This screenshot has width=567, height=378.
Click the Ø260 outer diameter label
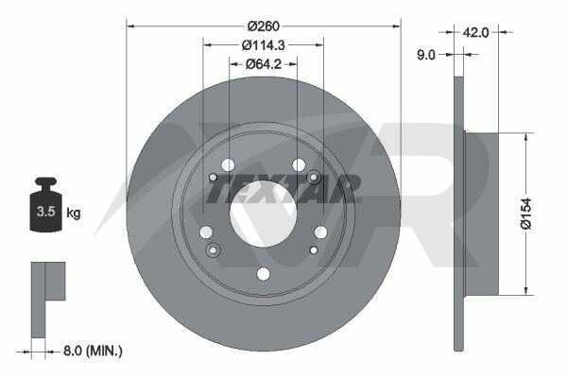point(264,26)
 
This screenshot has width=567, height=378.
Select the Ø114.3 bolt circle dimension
point(264,45)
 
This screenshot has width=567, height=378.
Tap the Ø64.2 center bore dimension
point(264,64)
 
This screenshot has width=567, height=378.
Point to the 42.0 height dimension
point(475,32)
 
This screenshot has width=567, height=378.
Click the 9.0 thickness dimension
point(426,55)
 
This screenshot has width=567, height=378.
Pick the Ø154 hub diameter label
point(526,214)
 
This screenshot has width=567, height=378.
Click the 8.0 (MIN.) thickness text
point(93,351)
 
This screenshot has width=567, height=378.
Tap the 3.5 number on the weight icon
point(46,212)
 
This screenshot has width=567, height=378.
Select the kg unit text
point(74,213)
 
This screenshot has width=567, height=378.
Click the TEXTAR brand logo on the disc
point(283,188)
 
